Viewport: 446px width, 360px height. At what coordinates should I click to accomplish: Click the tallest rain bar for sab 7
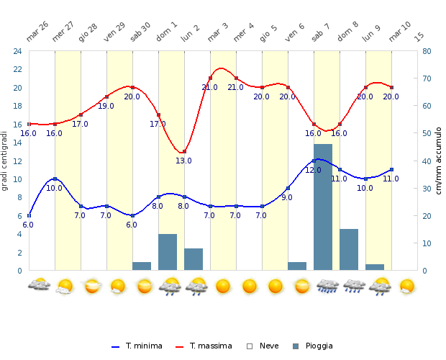coord(323,207)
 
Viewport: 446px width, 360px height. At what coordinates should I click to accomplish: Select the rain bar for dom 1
coord(168,252)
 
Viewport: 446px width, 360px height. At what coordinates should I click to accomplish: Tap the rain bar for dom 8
coord(349,250)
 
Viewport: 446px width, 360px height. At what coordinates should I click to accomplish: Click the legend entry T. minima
coord(137,346)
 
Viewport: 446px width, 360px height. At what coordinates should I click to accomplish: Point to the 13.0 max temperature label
coord(183,161)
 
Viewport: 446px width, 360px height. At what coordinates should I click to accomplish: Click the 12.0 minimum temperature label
coord(313,170)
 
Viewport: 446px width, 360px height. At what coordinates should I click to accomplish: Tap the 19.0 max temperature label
coord(106,106)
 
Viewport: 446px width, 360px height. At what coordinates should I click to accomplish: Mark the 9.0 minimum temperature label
coord(287,197)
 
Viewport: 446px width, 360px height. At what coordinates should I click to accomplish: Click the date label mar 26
coord(37,31)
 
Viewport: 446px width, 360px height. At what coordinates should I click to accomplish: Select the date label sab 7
coord(321,32)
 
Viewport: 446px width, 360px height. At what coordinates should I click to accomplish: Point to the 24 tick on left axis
coord(15,51)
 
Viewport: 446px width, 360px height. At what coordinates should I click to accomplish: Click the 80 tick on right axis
coord(427,51)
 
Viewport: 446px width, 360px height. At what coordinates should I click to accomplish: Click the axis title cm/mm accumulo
coord(438,161)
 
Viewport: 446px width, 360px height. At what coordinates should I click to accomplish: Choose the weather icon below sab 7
coord(327,286)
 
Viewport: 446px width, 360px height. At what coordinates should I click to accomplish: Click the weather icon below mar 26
coord(38,286)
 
